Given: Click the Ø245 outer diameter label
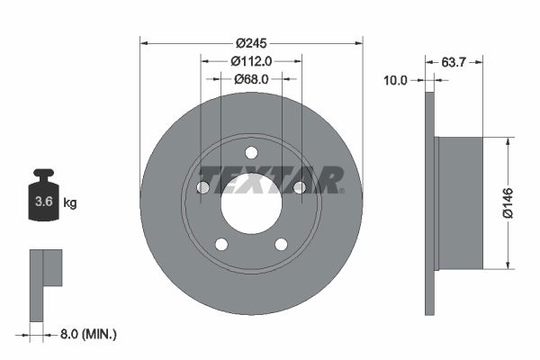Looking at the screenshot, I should point(252,43).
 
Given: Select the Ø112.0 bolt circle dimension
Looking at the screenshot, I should point(251,61).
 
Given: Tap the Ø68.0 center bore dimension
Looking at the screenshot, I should point(251,79).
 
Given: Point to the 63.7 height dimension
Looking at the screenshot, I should point(454,62).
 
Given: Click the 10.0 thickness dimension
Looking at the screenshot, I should point(396,80).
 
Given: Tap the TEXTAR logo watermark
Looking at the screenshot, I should point(271,179).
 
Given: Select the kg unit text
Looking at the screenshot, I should point(70,203).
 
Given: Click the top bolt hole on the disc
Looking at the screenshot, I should point(251,151).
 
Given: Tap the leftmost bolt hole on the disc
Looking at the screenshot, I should point(202,187).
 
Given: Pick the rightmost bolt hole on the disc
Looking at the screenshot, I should point(300,187).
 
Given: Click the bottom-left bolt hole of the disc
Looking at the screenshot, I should point(221,244).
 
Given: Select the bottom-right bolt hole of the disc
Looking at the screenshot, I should point(282,244).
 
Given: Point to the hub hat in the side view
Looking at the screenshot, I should point(459,202).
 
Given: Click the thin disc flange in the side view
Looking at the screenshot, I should point(429,202).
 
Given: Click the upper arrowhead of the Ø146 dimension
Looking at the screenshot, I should point(508,141).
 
